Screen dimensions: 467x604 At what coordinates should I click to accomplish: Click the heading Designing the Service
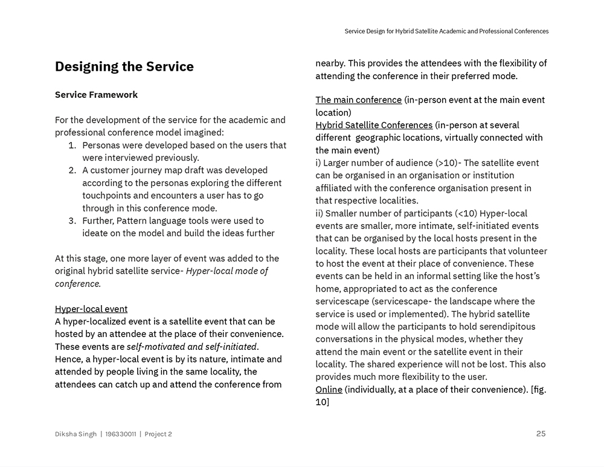click(x=124, y=67)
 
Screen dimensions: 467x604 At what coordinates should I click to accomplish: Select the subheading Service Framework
click(x=96, y=95)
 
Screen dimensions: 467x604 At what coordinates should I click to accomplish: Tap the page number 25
click(x=541, y=433)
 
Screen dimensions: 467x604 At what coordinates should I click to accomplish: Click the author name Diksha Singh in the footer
click(x=75, y=434)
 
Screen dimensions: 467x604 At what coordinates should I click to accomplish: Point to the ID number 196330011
click(x=120, y=434)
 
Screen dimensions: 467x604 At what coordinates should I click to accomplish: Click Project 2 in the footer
click(x=158, y=434)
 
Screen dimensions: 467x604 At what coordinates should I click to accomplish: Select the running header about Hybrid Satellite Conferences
click(x=446, y=31)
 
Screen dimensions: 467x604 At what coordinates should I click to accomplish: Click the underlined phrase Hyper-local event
click(x=91, y=309)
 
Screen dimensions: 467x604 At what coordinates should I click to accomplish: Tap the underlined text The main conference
click(x=358, y=100)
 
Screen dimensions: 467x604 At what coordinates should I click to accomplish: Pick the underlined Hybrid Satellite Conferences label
click(x=374, y=125)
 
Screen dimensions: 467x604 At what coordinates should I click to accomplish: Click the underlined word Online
click(x=329, y=390)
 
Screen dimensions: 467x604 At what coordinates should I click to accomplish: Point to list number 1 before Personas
click(x=71, y=145)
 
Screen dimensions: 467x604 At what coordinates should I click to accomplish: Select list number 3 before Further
click(x=71, y=221)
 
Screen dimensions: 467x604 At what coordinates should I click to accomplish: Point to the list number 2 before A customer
click(x=71, y=170)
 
